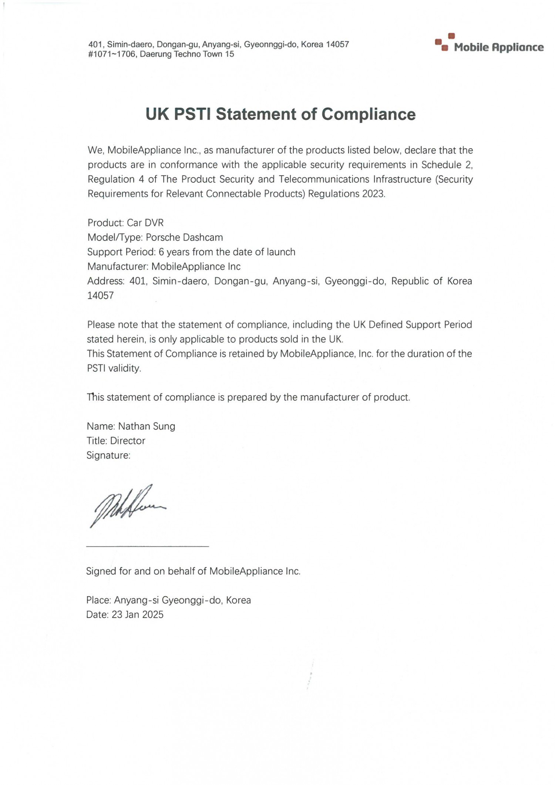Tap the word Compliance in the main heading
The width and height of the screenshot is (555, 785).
pyautogui.click(x=368, y=114)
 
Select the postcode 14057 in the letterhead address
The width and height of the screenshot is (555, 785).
pyautogui.click(x=337, y=44)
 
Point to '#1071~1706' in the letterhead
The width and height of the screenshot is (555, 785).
pyautogui.click(x=112, y=54)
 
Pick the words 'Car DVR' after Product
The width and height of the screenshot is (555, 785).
pyautogui.click(x=145, y=223)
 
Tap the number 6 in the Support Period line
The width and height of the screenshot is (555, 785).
pyautogui.click(x=161, y=252)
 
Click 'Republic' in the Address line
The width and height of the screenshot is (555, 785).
pyautogui.click(x=410, y=281)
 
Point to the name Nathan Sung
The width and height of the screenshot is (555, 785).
pyautogui.click(x=147, y=426)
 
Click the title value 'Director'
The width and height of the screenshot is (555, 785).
pyautogui.click(x=128, y=441)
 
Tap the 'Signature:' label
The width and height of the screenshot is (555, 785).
pyautogui.click(x=108, y=455)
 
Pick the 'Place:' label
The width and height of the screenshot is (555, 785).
pyautogui.click(x=98, y=600)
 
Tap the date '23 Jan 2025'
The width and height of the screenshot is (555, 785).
pyautogui.click(x=138, y=615)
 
